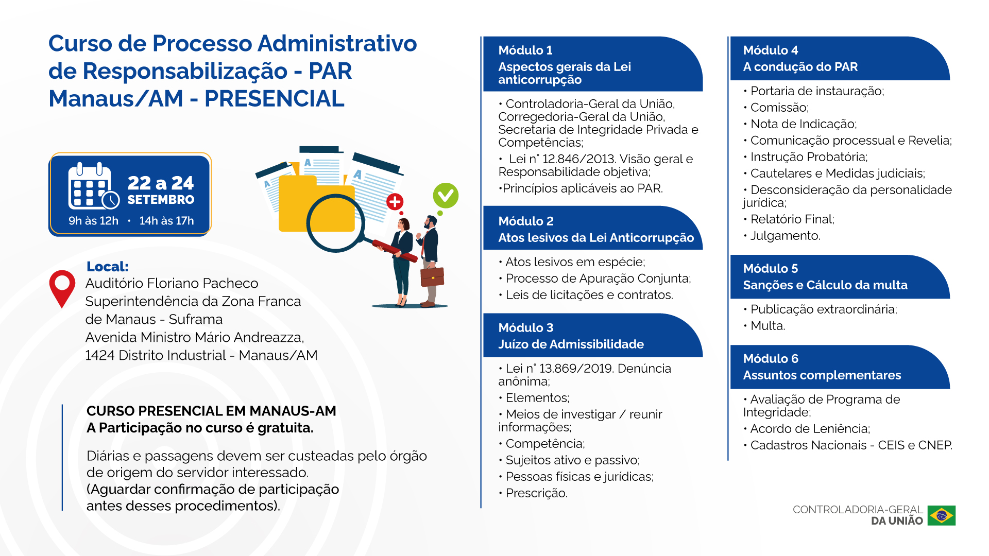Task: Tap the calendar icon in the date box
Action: (93, 186)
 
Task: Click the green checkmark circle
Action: (446, 196)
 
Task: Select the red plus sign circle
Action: (395, 202)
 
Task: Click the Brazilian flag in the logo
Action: (941, 515)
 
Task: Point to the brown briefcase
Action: (432, 276)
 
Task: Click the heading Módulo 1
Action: (525, 50)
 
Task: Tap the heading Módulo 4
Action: (770, 50)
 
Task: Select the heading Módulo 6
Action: (770, 359)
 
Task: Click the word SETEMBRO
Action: (161, 200)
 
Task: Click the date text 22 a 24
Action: (161, 183)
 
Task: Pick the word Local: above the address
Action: (107, 267)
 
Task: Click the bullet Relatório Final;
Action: (789, 219)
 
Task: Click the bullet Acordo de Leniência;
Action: (806, 429)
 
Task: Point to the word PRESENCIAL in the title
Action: (274, 99)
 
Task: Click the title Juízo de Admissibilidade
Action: (571, 344)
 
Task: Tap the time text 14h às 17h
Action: (166, 221)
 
